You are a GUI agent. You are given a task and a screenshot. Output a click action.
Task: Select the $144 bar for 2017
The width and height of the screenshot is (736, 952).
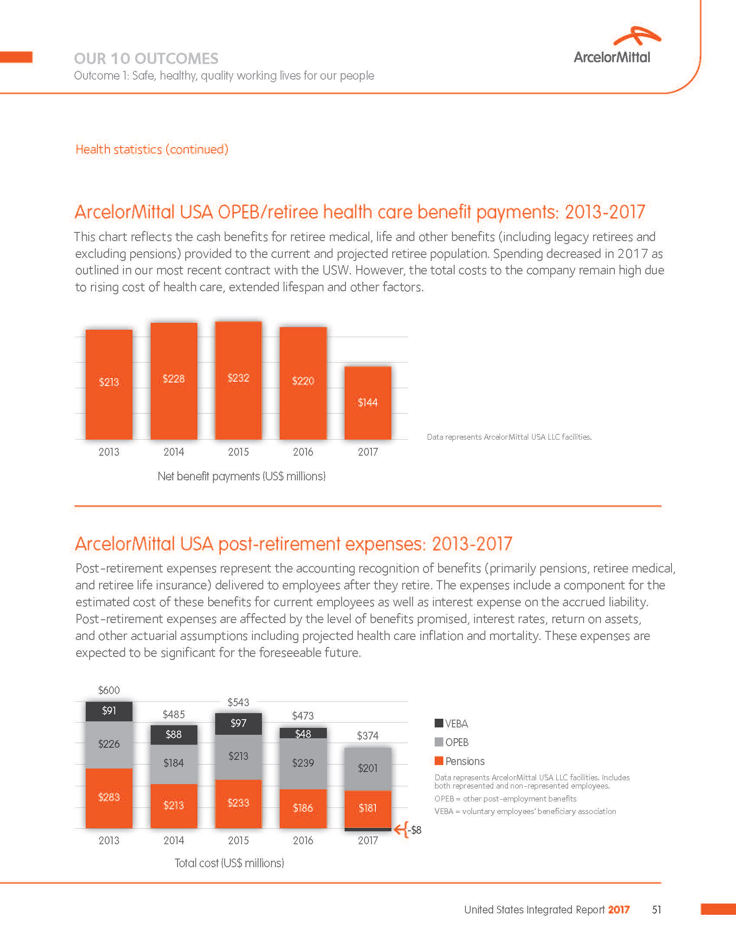(x=368, y=403)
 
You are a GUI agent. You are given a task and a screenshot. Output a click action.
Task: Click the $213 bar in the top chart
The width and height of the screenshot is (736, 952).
(x=109, y=384)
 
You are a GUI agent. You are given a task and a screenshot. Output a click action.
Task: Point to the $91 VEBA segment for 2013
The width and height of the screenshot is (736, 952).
(x=109, y=711)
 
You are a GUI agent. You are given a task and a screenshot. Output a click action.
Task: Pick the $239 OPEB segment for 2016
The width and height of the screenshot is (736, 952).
(x=303, y=763)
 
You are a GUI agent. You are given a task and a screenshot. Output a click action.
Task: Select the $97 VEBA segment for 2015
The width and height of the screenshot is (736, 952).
(x=238, y=724)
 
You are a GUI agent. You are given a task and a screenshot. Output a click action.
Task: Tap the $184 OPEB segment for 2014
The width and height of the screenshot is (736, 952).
(x=174, y=763)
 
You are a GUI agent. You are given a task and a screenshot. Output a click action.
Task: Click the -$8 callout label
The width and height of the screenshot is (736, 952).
(x=415, y=830)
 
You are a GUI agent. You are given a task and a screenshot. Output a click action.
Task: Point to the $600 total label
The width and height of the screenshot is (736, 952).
(x=109, y=690)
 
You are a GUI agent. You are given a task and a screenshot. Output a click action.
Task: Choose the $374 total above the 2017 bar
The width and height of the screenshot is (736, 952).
(x=368, y=736)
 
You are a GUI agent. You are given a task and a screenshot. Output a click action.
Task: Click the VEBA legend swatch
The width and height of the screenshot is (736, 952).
(x=439, y=723)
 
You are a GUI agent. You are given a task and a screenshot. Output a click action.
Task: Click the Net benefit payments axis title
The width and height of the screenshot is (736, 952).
(x=242, y=476)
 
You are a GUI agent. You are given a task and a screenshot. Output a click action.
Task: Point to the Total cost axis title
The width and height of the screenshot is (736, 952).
(x=229, y=863)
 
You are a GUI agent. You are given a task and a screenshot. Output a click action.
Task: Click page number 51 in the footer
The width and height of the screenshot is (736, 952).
(x=656, y=910)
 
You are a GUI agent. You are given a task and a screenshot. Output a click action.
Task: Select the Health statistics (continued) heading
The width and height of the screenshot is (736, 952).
(x=152, y=150)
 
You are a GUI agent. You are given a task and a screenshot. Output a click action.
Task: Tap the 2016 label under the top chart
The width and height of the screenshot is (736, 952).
(x=303, y=452)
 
